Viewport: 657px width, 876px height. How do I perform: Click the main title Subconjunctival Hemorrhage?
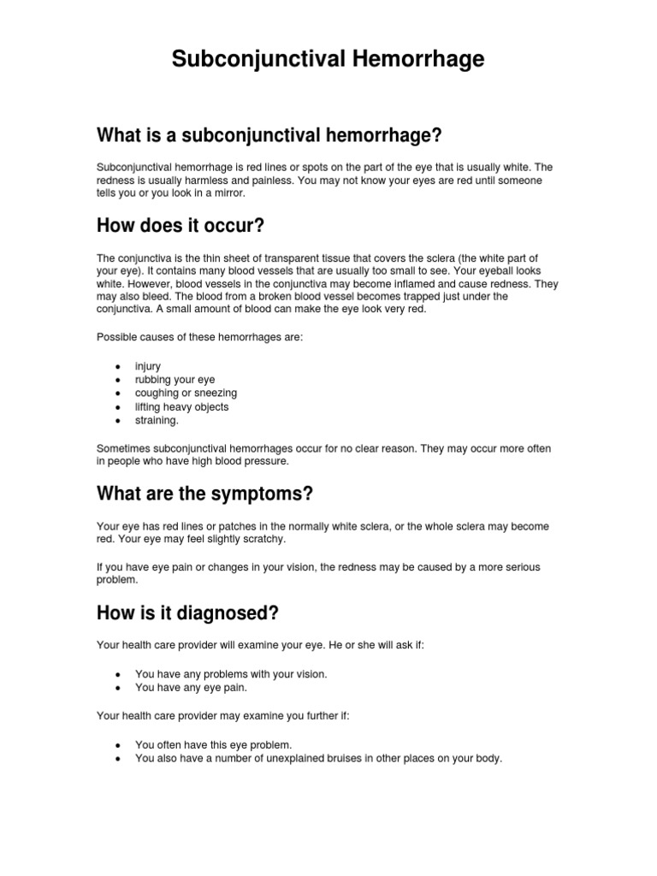tap(328, 59)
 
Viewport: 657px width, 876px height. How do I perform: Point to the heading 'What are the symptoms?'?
tap(205, 494)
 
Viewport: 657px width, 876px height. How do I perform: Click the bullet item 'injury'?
tap(148, 366)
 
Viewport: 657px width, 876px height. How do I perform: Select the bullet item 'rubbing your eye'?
tap(175, 380)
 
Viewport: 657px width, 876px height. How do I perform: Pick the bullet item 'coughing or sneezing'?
tap(186, 394)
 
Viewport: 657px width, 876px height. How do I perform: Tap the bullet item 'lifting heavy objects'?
tap(181, 407)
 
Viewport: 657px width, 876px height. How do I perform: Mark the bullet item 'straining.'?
tap(157, 421)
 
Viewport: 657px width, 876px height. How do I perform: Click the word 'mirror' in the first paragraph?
tap(226, 193)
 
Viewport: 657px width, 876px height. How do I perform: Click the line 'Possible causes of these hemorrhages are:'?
tap(200, 337)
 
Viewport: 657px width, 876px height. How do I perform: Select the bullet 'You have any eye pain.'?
tap(192, 687)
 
